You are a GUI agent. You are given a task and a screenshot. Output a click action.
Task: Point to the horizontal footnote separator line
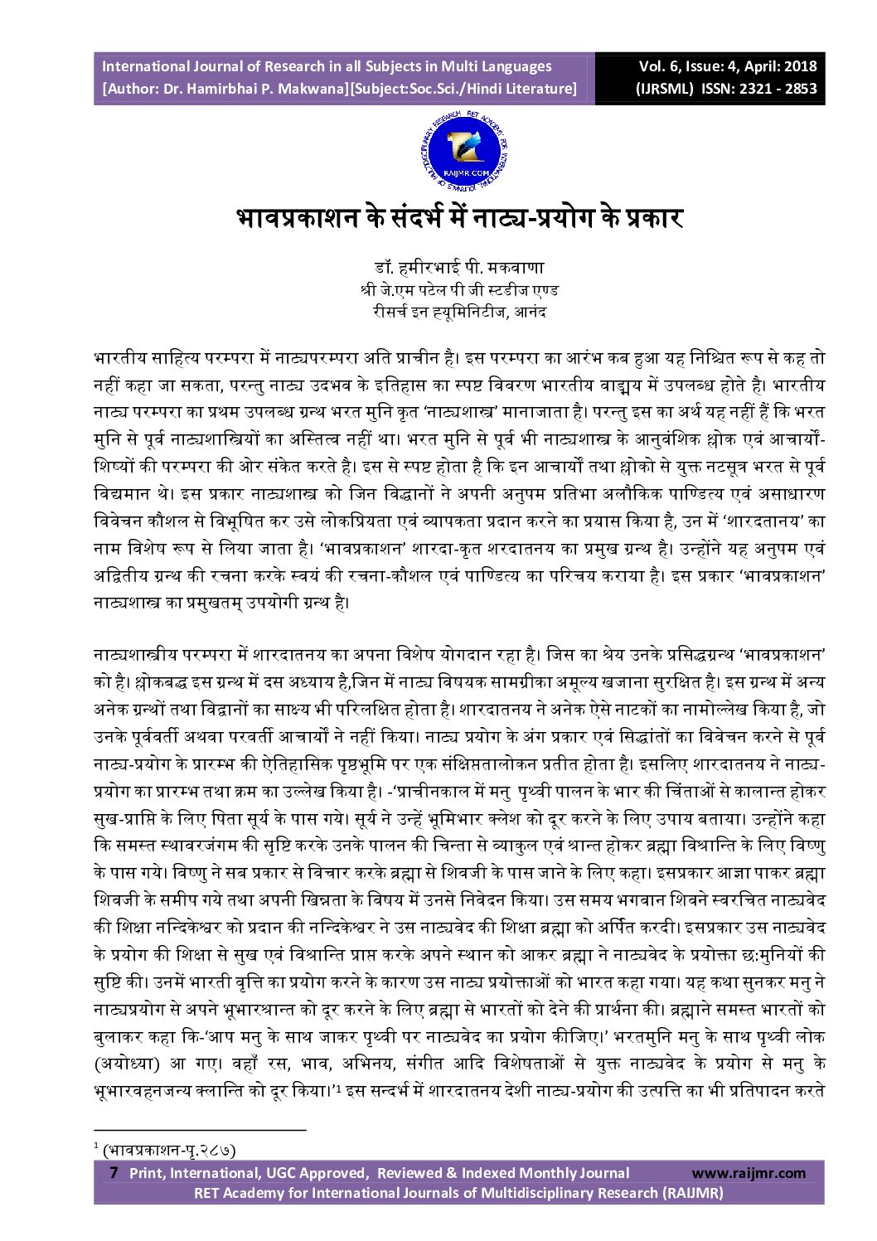pyautogui.click(x=199, y=1129)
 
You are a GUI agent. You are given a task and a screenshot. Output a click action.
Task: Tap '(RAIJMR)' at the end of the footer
pyautogui.click(x=691, y=1193)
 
